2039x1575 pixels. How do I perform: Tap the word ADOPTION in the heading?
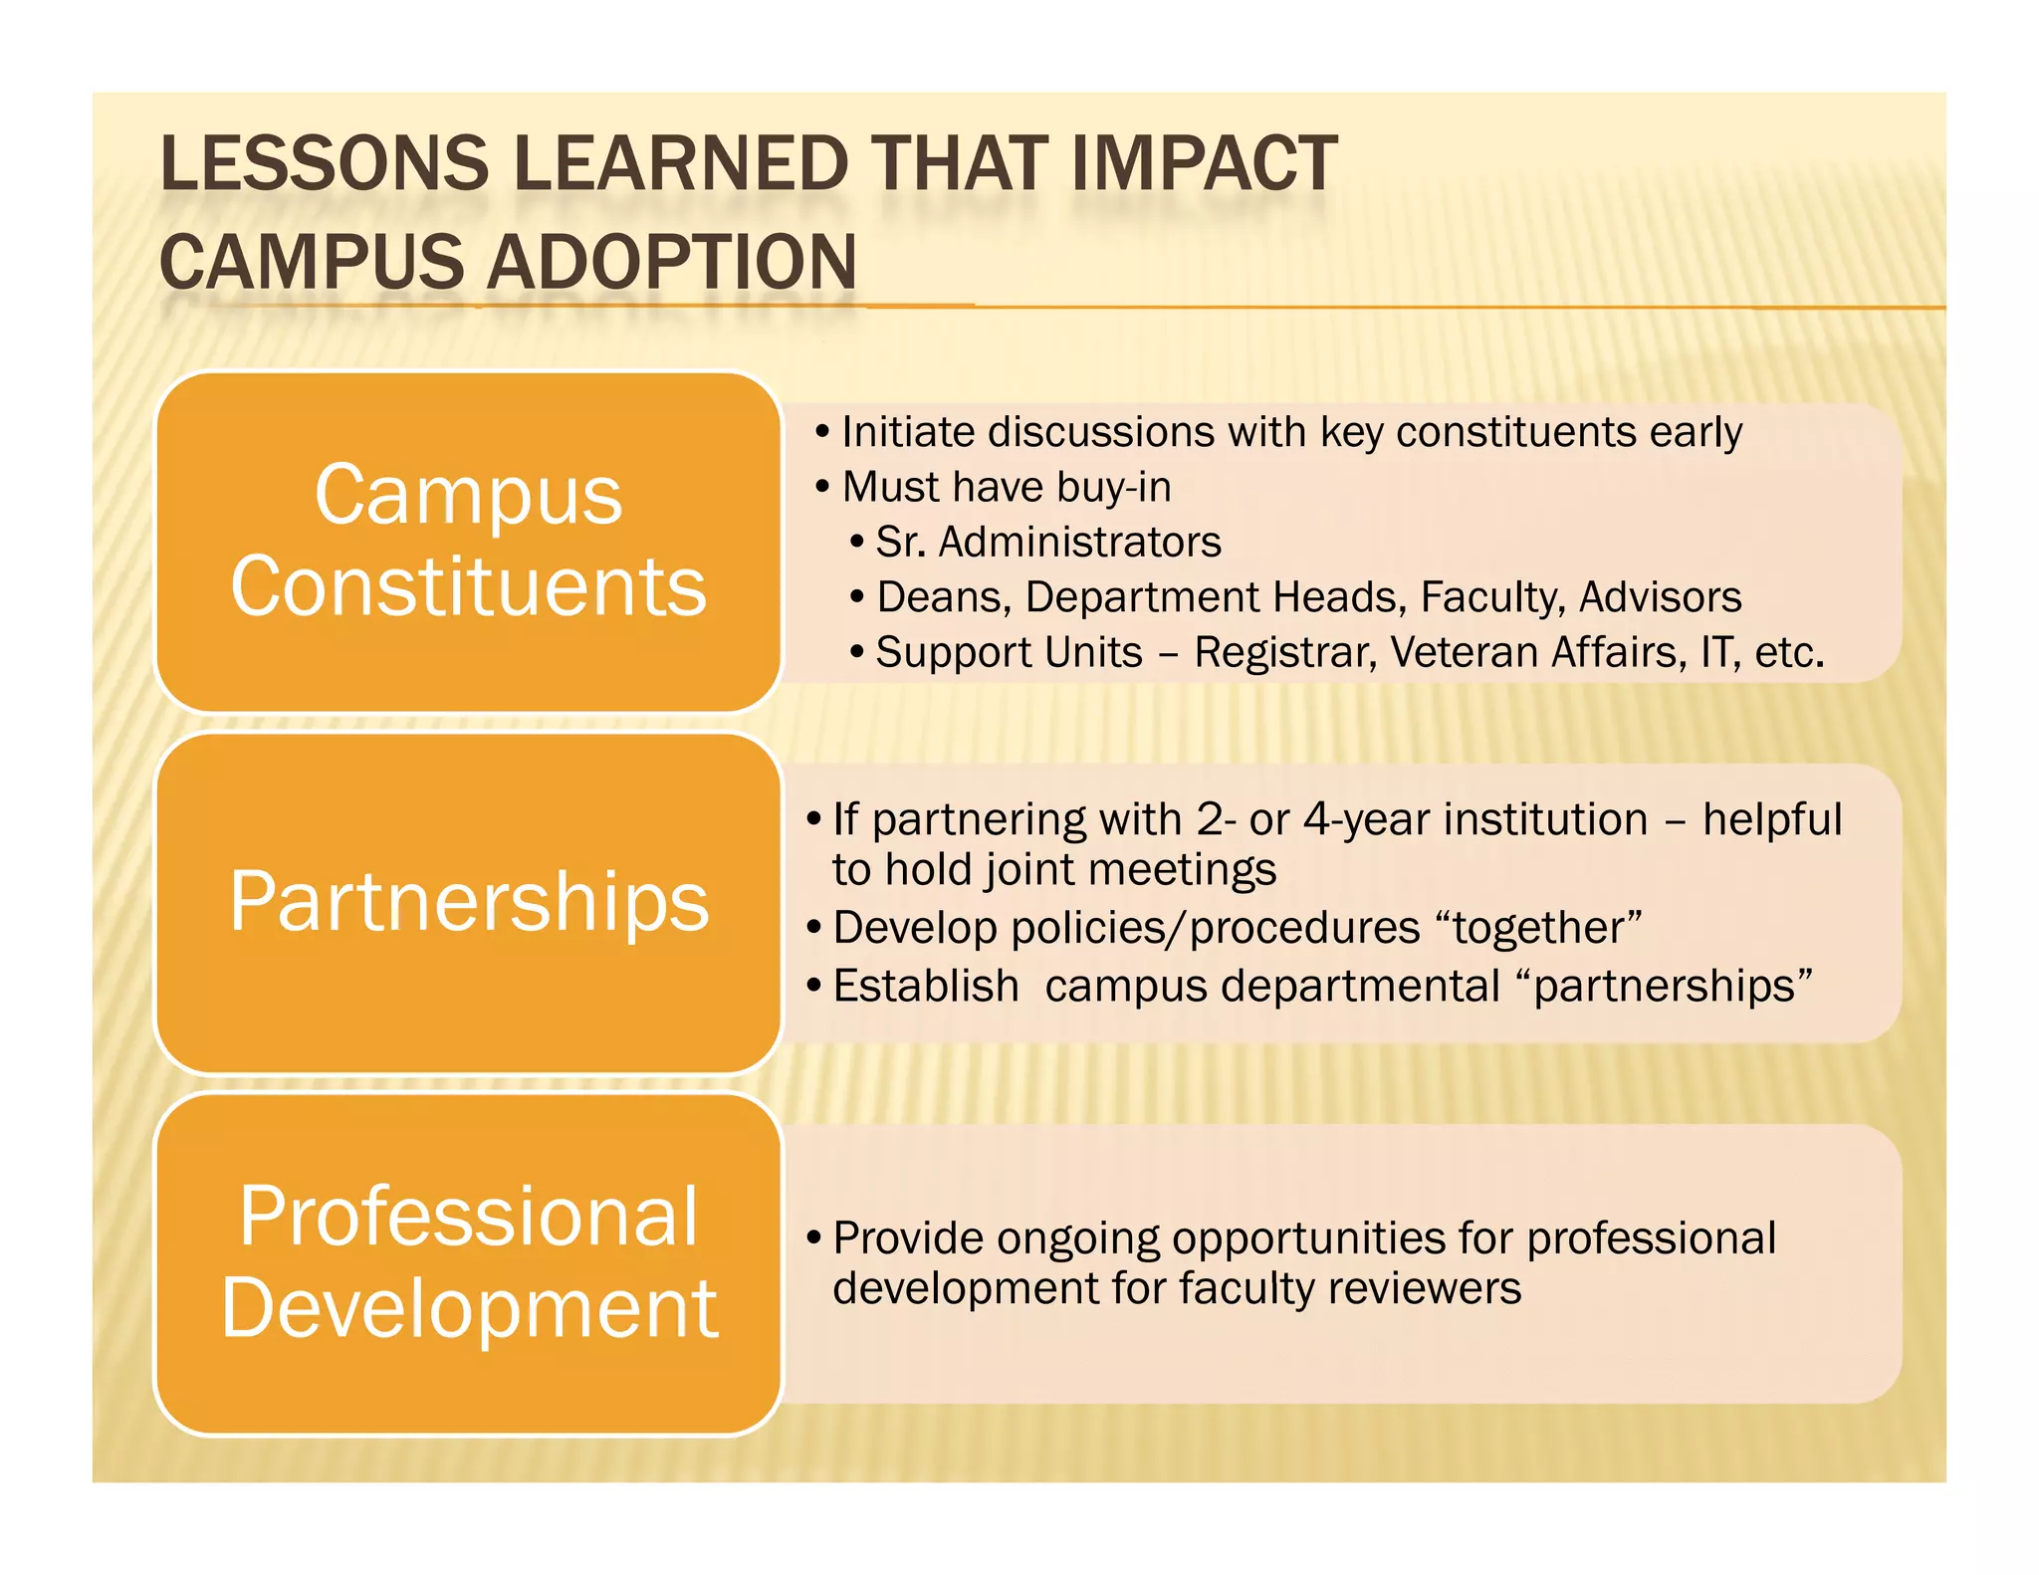pos(672,263)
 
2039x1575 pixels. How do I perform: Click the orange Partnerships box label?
pos(469,901)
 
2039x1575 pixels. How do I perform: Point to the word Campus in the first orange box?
pos(468,495)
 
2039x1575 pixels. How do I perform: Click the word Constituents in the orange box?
pos(468,586)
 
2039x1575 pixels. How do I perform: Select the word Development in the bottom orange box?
pos(469,1308)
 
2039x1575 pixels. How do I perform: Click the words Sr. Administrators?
pos(1047,543)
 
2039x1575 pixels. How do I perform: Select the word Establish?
pos(926,986)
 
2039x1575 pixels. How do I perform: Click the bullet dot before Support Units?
pos(857,653)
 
